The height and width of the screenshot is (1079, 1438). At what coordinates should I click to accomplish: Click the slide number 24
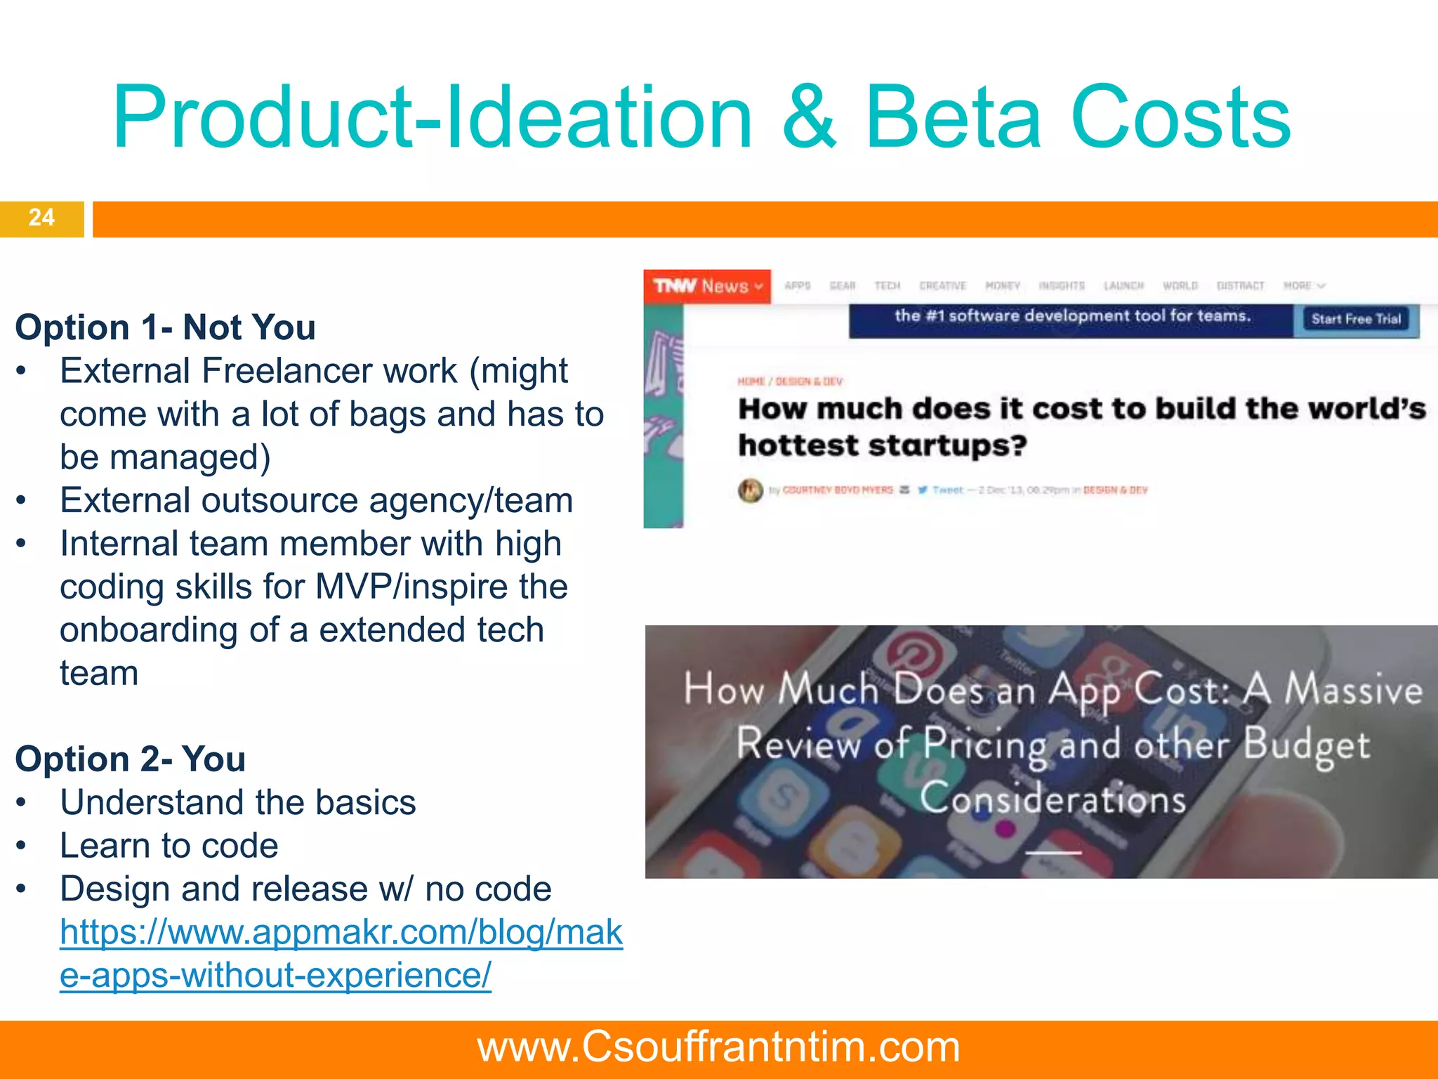pyautogui.click(x=41, y=217)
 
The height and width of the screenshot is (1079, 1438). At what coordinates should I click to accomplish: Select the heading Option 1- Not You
pyautogui.click(x=165, y=327)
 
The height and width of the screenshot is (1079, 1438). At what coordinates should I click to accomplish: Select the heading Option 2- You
pyautogui.click(x=130, y=759)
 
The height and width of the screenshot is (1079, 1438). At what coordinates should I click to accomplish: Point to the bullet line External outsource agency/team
pyautogui.click(x=316, y=501)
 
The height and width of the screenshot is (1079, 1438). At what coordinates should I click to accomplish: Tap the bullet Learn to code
pyautogui.click(x=169, y=846)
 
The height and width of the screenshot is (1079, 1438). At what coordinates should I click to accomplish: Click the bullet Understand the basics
pyautogui.click(x=237, y=802)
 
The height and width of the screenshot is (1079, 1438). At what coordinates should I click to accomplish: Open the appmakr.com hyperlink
pyautogui.click(x=341, y=933)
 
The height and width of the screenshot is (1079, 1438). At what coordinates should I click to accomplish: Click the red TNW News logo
pyautogui.click(x=706, y=286)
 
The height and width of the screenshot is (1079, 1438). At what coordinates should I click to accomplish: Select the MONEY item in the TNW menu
pyautogui.click(x=1002, y=286)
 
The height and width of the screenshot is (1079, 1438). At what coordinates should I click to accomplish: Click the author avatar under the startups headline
pyautogui.click(x=750, y=490)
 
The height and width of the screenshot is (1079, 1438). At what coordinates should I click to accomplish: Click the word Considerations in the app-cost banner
pyautogui.click(x=1053, y=799)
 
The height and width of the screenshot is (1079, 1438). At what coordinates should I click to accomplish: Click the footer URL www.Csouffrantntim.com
pyautogui.click(x=718, y=1047)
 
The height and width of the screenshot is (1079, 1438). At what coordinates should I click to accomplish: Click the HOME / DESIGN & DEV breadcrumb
pyautogui.click(x=789, y=381)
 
